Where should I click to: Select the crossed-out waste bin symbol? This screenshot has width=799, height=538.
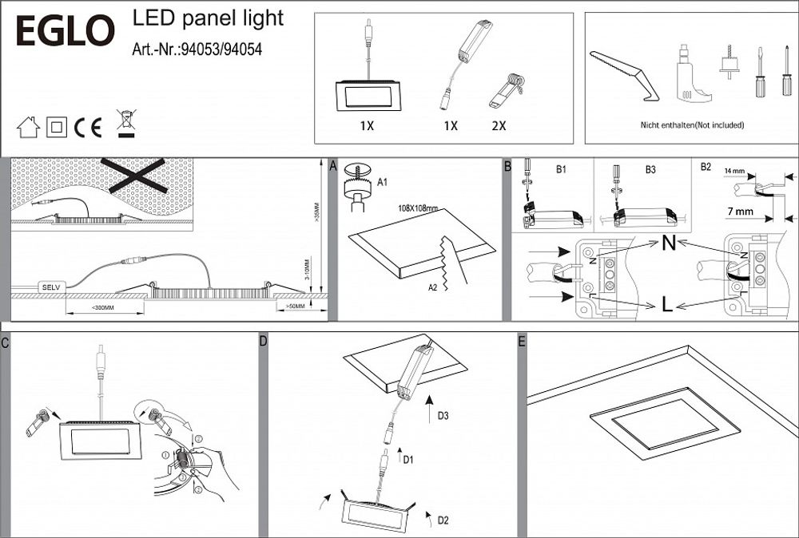click(125, 125)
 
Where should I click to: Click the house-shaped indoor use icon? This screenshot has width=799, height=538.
click(28, 126)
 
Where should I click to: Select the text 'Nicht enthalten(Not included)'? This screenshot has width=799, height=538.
click(691, 125)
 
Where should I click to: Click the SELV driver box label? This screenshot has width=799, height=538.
click(51, 286)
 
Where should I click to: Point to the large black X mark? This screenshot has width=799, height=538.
click(133, 175)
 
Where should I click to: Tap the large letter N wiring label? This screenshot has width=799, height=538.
click(670, 244)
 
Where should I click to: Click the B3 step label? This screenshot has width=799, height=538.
click(650, 169)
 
